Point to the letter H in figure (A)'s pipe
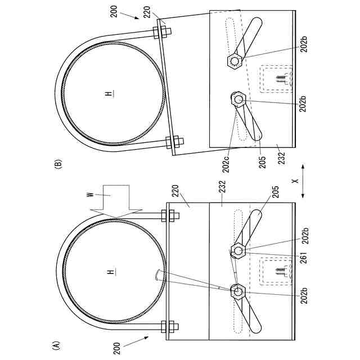(112, 272)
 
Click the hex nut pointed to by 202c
(238, 100)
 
